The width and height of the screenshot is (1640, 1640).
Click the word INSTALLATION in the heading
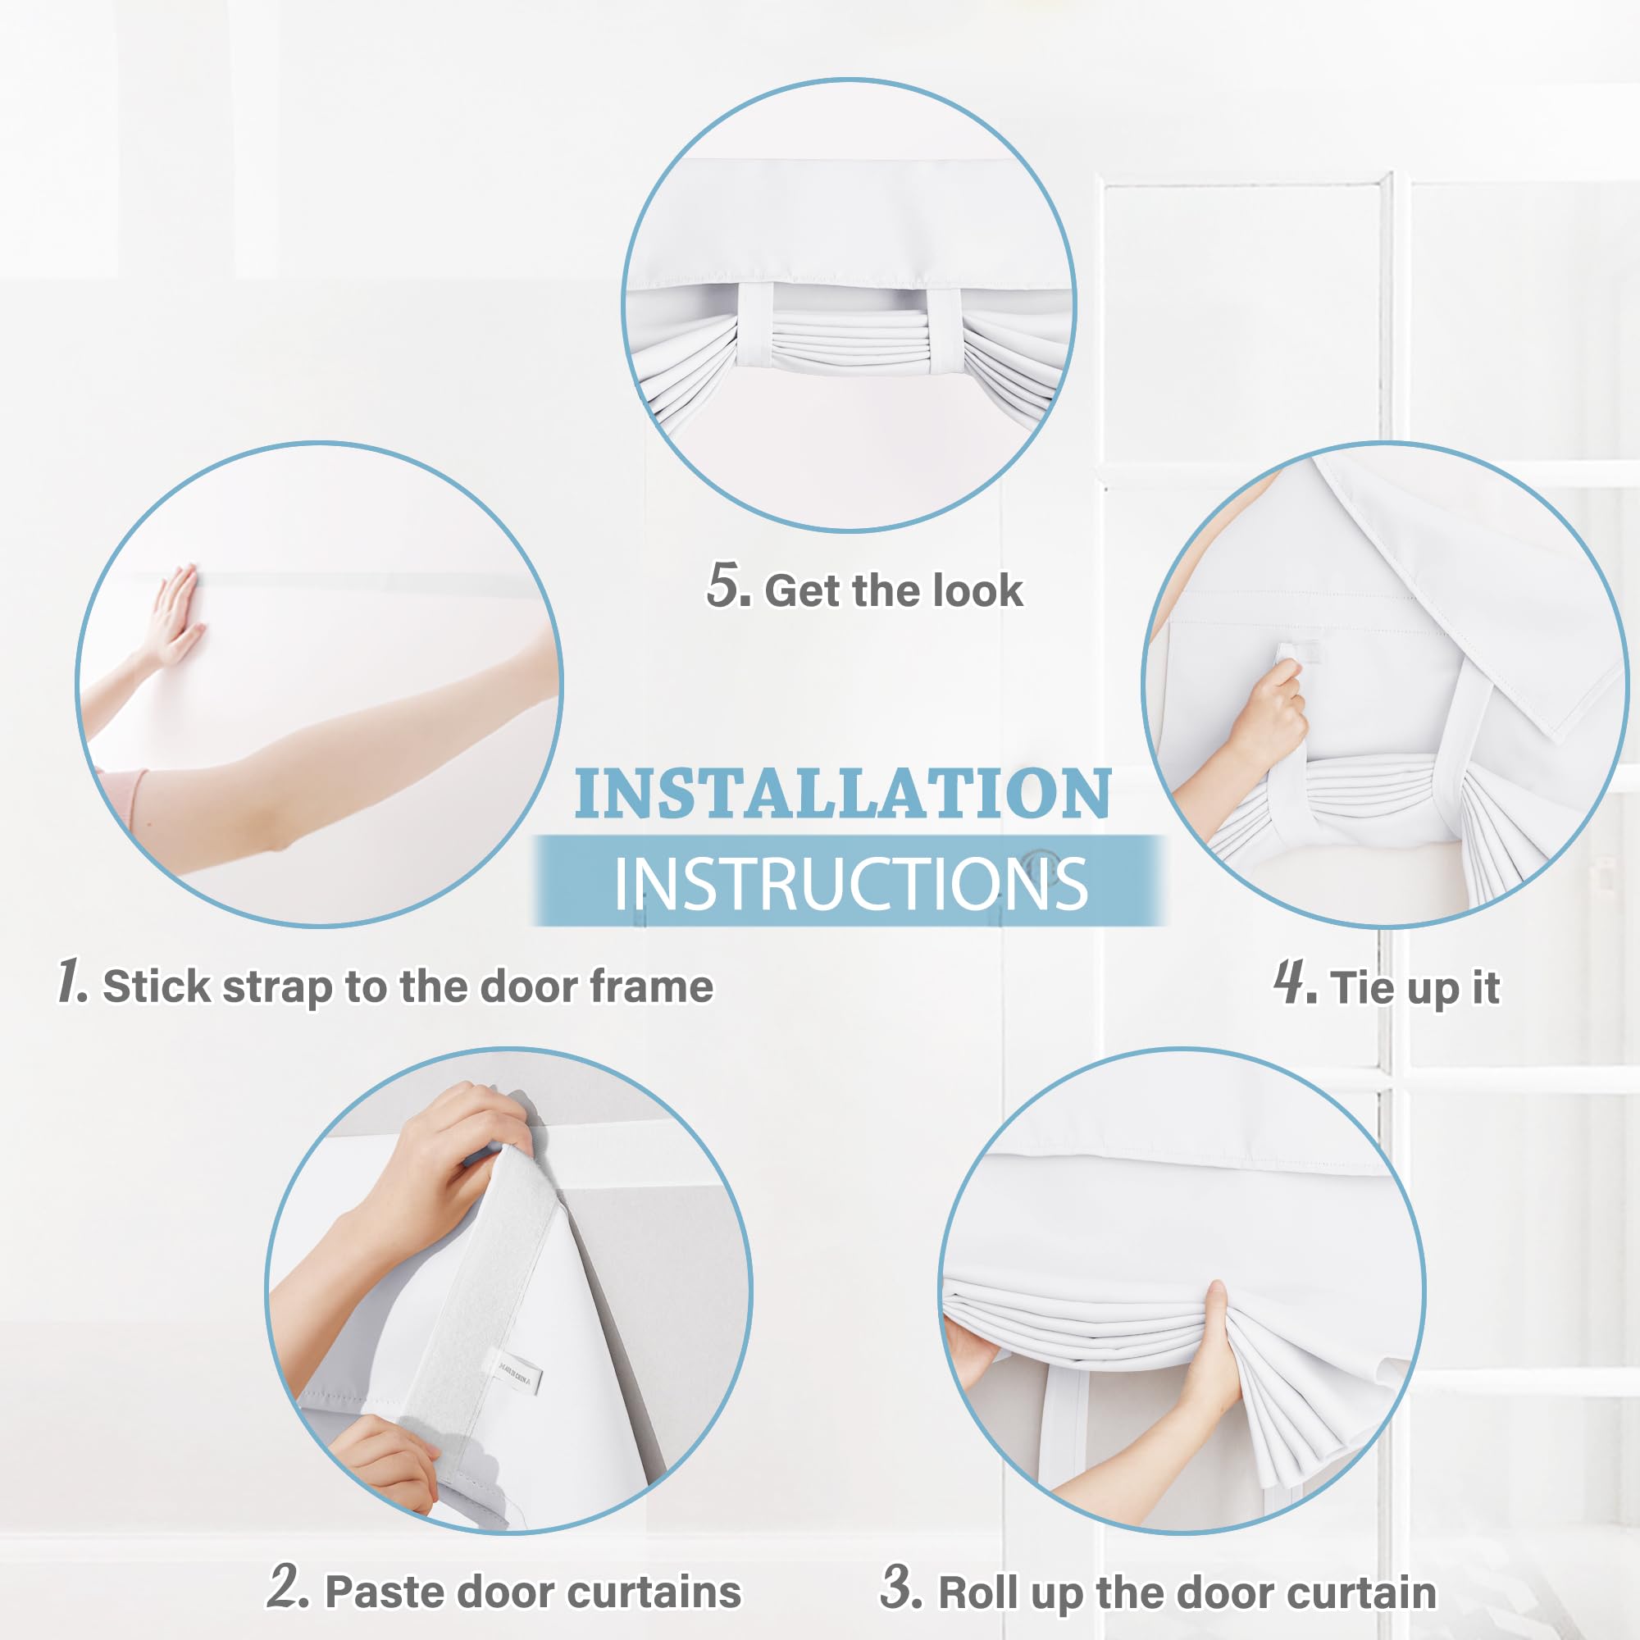click(843, 794)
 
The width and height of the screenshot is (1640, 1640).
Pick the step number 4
click(1296, 982)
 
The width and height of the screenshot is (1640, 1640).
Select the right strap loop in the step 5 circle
click(943, 331)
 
